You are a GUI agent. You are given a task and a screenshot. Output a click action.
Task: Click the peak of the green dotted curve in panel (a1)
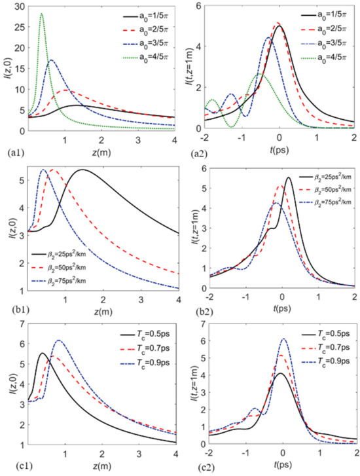[42, 14]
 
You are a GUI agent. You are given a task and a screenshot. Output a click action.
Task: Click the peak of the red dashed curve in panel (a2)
[278, 24]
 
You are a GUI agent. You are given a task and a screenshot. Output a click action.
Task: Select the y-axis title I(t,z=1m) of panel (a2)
[191, 69]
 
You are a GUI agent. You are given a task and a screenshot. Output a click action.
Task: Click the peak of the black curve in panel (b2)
[288, 177]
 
